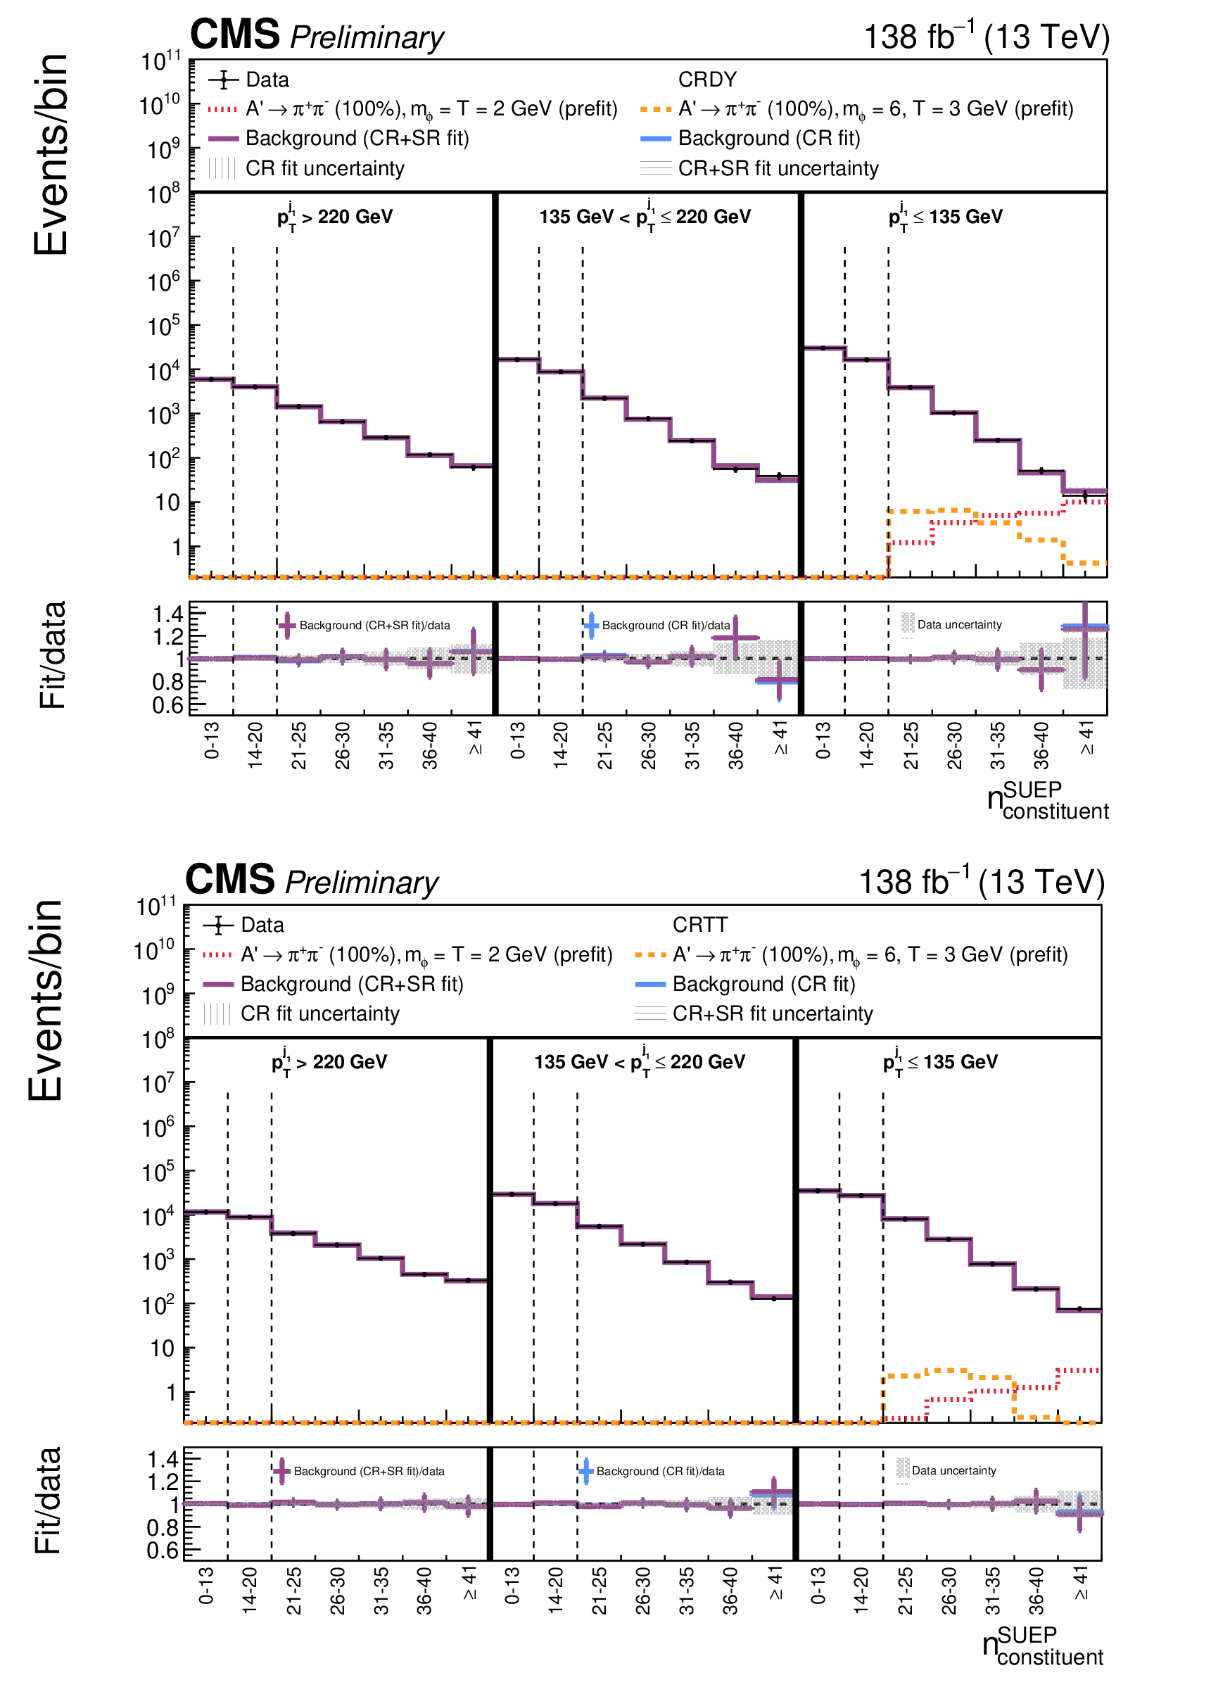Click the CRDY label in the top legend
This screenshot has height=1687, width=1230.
tap(706, 80)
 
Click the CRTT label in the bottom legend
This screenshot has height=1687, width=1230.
tap(700, 925)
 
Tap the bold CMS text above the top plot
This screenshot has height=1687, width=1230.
tap(234, 34)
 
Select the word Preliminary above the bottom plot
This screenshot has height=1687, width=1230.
tap(362, 883)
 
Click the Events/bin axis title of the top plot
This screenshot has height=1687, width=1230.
tap(51, 155)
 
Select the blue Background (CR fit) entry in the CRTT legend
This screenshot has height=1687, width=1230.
tap(763, 984)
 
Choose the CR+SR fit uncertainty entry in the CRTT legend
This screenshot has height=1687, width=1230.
tap(772, 1014)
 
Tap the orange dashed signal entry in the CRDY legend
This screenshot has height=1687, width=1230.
tap(875, 108)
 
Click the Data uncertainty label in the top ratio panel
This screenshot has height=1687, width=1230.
tap(959, 625)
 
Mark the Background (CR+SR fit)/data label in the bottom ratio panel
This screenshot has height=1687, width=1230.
tap(369, 1471)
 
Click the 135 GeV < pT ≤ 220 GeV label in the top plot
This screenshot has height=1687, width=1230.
tap(645, 217)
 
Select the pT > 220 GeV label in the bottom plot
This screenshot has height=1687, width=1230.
tap(330, 1062)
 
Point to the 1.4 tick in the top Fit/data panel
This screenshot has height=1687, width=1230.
tap(167, 614)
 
